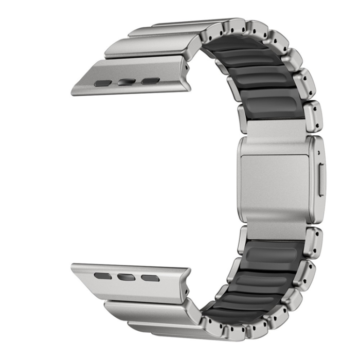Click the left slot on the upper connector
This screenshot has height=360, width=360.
102,82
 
